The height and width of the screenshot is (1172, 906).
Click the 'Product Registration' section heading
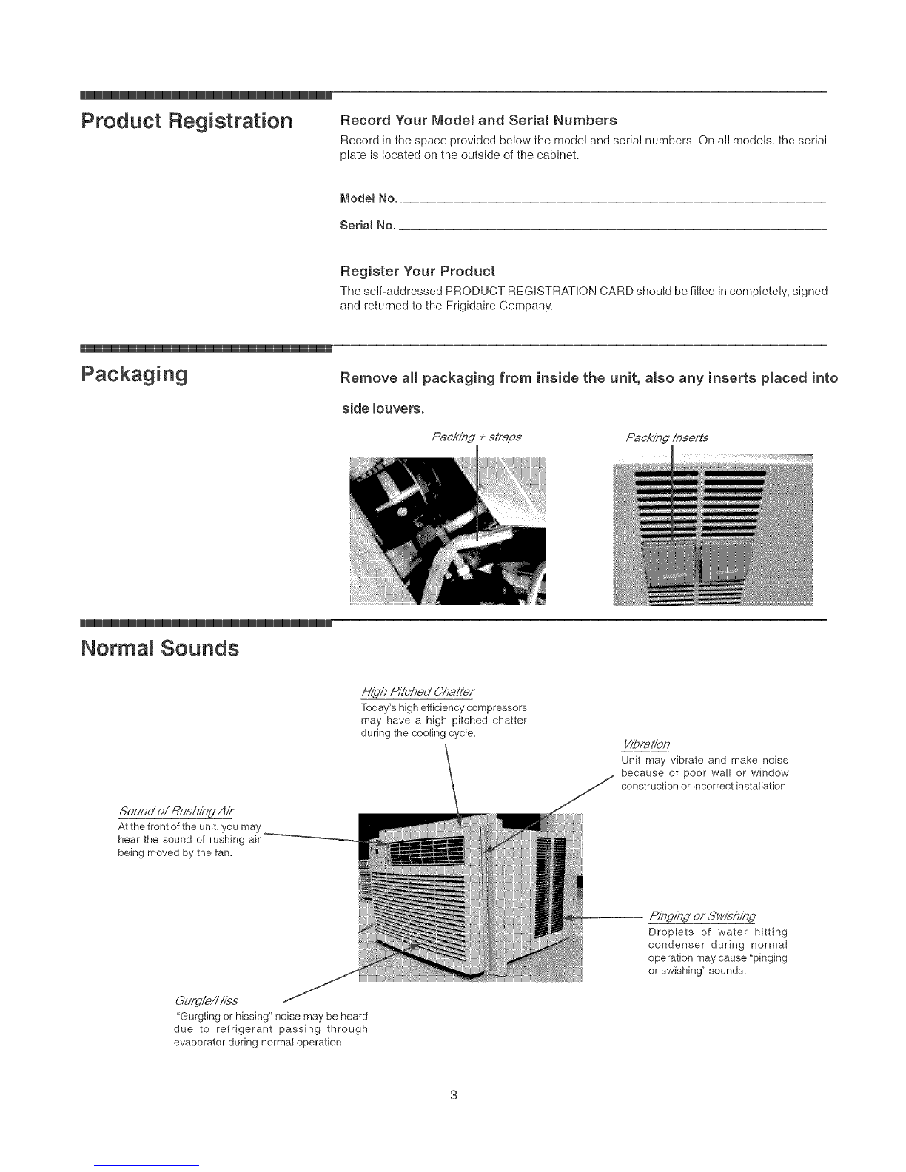(x=187, y=121)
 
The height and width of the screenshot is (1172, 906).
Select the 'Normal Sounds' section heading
(x=159, y=649)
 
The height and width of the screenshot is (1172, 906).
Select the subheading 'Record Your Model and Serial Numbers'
(x=477, y=120)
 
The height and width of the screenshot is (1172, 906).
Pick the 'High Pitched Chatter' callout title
(x=417, y=691)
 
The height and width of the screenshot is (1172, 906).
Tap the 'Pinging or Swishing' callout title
(x=702, y=917)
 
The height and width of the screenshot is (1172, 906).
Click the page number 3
(x=453, y=1094)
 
